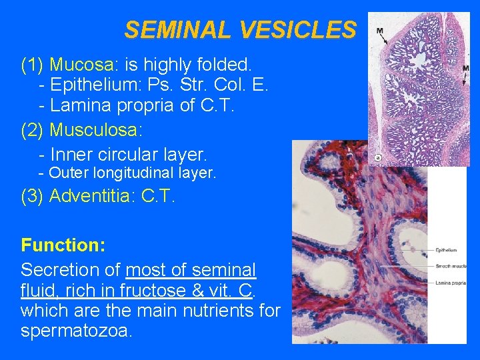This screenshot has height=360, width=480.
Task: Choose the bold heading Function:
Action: (63, 245)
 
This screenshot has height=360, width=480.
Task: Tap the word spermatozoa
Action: (77, 331)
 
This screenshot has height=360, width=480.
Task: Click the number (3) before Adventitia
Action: (33, 196)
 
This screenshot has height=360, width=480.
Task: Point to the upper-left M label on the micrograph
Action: (379, 31)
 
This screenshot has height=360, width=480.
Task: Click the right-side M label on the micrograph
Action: (465, 68)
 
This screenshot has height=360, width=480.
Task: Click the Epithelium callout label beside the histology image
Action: (446, 250)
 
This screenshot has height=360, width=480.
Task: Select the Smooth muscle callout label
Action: (451, 266)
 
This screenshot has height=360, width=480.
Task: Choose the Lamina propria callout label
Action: (451, 283)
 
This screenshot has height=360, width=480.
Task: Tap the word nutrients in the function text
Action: (214, 311)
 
